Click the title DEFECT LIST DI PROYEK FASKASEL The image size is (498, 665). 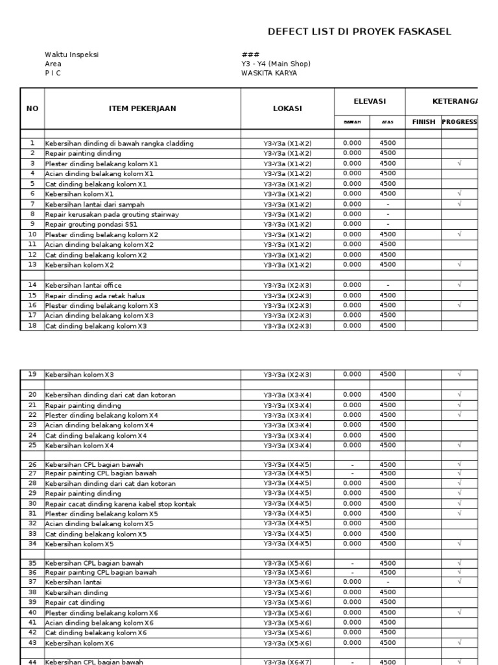(x=360, y=32)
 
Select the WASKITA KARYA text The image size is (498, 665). (x=269, y=73)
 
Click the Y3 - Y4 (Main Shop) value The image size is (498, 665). (x=276, y=64)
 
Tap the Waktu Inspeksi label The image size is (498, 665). (x=71, y=55)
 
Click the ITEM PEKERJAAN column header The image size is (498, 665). (x=142, y=108)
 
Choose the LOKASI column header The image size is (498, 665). (x=287, y=108)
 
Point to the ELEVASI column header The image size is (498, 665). (x=370, y=101)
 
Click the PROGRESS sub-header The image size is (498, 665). (x=459, y=122)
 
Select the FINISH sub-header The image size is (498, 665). (x=423, y=122)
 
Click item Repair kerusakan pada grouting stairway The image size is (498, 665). (x=112, y=214)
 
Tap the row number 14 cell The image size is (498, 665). (x=32, y=285)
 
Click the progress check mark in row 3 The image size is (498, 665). (x=459, y=164)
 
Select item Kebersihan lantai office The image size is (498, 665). (x=83, y=285)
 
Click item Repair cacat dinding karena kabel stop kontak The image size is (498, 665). (x=121, y=503)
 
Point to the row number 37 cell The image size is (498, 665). (x=32, y=583)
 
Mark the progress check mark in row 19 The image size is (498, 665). (x=459, y=375)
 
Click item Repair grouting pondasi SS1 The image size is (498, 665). (x=91, y=225)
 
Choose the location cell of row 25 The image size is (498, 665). (x=287, y=445)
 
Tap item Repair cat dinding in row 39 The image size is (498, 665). (x=75, y=603)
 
